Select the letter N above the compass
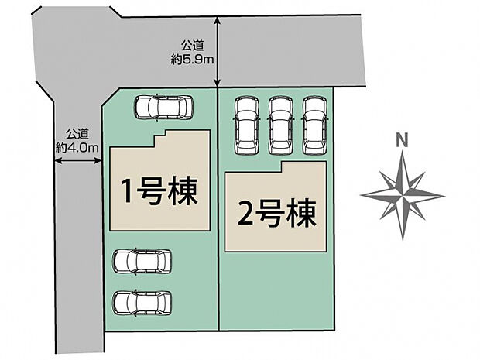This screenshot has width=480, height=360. pos(401,141)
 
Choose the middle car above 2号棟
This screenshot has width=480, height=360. pos(279,125)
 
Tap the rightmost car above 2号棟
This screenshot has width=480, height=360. pos(314,125)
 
